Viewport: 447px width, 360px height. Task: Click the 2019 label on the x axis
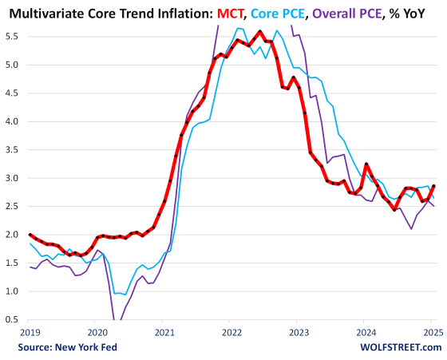[30, 331]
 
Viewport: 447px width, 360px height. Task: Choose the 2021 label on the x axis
[164, 331]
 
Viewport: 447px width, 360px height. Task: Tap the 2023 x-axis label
[300, 331]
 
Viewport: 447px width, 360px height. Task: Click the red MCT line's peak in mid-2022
[260, 32]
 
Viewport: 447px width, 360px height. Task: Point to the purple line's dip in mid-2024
[412, 229]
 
